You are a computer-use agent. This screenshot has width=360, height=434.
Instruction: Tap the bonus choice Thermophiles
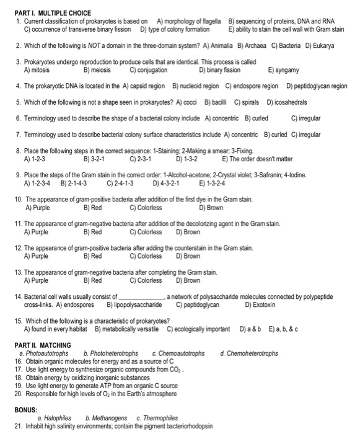tap(160, 418)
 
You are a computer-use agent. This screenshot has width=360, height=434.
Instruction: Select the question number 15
tap(19, 321)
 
